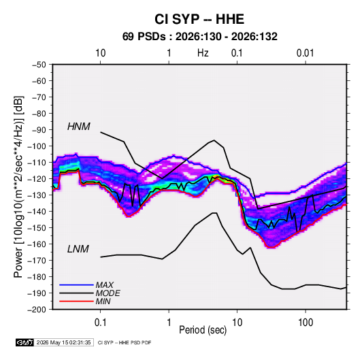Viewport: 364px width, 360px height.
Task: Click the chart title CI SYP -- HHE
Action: [199, 19]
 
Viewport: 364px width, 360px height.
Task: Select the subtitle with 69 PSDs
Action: [200, 37]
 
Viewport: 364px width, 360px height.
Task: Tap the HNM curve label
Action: [79, 127]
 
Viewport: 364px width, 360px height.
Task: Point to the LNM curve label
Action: [78, 249]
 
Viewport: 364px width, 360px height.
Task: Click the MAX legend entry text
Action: [105, 285]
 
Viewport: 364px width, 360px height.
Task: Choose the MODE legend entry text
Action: [108, 293]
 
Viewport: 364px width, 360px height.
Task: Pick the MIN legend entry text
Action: [103, 301]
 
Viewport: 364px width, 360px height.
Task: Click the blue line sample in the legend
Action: [77, 284]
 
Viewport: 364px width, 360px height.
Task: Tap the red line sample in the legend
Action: [77, 301]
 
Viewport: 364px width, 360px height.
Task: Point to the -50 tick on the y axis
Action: [39, 65]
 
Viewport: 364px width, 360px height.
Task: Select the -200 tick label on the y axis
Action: [37, 310]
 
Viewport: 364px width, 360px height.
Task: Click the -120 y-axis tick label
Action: [37, 179]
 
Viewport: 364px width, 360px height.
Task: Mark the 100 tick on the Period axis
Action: [305, 323]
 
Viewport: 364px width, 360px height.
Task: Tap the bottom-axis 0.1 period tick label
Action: [100, 323]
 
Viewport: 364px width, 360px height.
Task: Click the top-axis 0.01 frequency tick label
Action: [305, 53]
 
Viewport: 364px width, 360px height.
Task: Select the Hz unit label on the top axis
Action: [203, 53]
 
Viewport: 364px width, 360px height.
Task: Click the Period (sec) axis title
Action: [203, 330]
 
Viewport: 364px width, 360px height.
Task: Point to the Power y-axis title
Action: [18, 187]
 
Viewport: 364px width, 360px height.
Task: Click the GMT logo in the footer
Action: [24, 342]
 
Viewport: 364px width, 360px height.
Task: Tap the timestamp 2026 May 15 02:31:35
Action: [64, 342]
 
